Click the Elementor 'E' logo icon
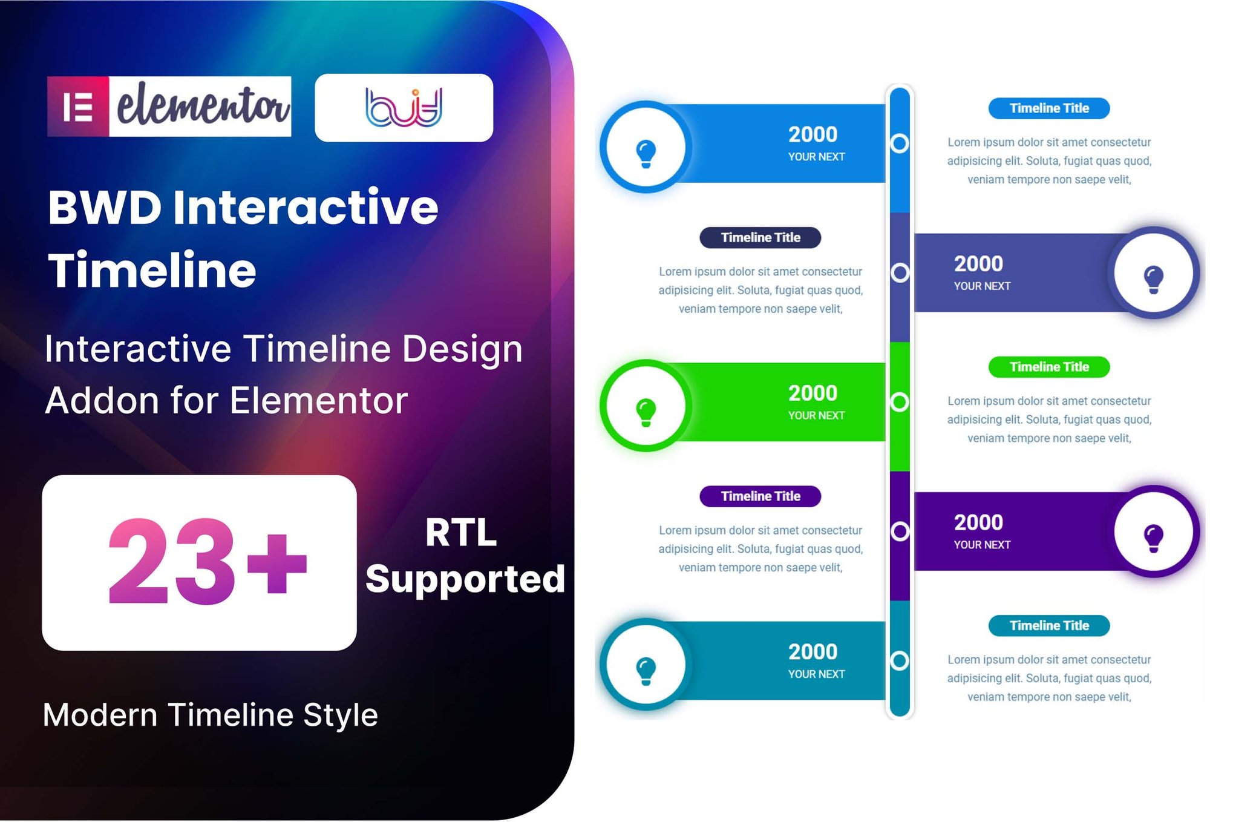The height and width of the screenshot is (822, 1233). coord(78,107)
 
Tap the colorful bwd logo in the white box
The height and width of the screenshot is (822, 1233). coord(404,108)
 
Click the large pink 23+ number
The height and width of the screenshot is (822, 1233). coord(207,562)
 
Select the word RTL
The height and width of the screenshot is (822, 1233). coord(461,533)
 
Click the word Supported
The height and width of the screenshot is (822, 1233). coord(465,579)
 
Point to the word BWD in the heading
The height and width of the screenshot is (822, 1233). coord(105,208)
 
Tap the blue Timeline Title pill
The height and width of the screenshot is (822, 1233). coord(1049,108)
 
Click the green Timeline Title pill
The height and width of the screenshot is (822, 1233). coord(1049,367)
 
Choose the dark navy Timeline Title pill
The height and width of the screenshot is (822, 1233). coord(760,237)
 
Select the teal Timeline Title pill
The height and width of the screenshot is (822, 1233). coord(1049,626)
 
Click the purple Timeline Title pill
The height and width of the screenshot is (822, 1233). coord(760,496)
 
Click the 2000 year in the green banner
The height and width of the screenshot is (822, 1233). coord(813,393)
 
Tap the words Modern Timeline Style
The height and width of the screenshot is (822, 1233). coord(211,715)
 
